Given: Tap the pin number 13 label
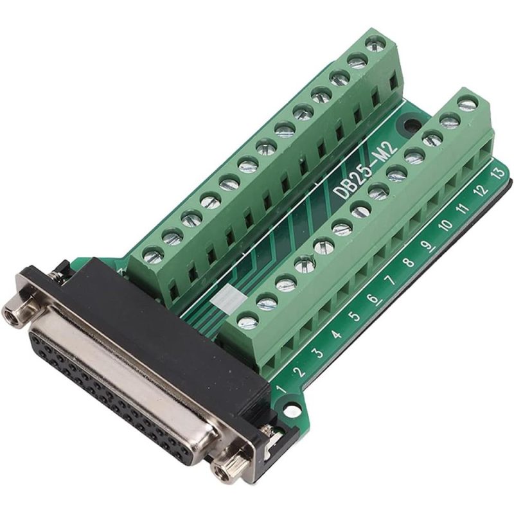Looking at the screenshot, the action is (x=497, y=172).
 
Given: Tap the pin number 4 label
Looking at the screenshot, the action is (x=336, y=334).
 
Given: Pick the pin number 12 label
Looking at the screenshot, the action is (x=480, y=190).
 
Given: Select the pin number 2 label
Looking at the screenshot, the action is (x=298, y=371).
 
